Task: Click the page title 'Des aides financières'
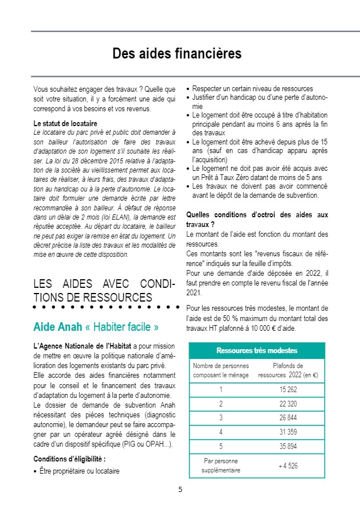click(177, 54)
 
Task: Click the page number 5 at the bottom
click(180, 490)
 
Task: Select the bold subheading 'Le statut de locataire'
click(65, 124)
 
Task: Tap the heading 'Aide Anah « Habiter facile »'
click(96, 327)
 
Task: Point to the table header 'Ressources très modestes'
click(257, 350)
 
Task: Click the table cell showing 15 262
click(288, 390)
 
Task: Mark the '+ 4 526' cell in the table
click(288, 466)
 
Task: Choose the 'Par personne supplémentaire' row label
click(221, 466)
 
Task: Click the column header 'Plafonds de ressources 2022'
click(288, 370)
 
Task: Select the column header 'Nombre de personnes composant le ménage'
click(221, 370)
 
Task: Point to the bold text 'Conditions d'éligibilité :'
click(69, 459)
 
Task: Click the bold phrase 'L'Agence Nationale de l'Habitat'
click(83, 346)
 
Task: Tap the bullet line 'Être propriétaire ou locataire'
click(79, 471)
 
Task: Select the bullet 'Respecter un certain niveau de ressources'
click(252, 89)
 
